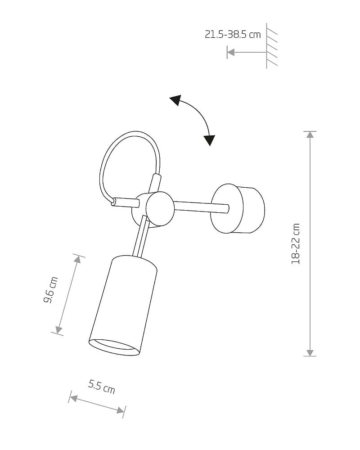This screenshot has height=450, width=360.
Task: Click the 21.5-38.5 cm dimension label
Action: click(x=233, y=35)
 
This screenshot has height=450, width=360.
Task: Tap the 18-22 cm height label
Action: click(x=295, y=243)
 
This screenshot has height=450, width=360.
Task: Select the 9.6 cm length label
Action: click(x=51, y=290)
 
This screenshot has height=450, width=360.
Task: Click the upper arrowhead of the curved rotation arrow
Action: click(x=175, y=100)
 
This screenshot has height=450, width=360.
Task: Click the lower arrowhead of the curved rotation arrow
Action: click(x=210, y=140)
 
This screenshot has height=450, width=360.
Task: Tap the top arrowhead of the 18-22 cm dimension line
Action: click(x=310, y=135)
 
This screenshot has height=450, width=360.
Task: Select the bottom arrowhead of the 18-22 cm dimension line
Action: click(x=310, y=353)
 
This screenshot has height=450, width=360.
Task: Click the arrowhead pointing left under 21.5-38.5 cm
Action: click(x=230, y=52)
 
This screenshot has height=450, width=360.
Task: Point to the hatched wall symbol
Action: click(x=271, y=46)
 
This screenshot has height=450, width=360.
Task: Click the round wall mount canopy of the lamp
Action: click(x=238, y=209)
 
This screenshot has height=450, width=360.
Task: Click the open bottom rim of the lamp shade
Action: click(x=114, y=347)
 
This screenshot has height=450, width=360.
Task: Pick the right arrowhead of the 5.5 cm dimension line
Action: click(x=121, y=410)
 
